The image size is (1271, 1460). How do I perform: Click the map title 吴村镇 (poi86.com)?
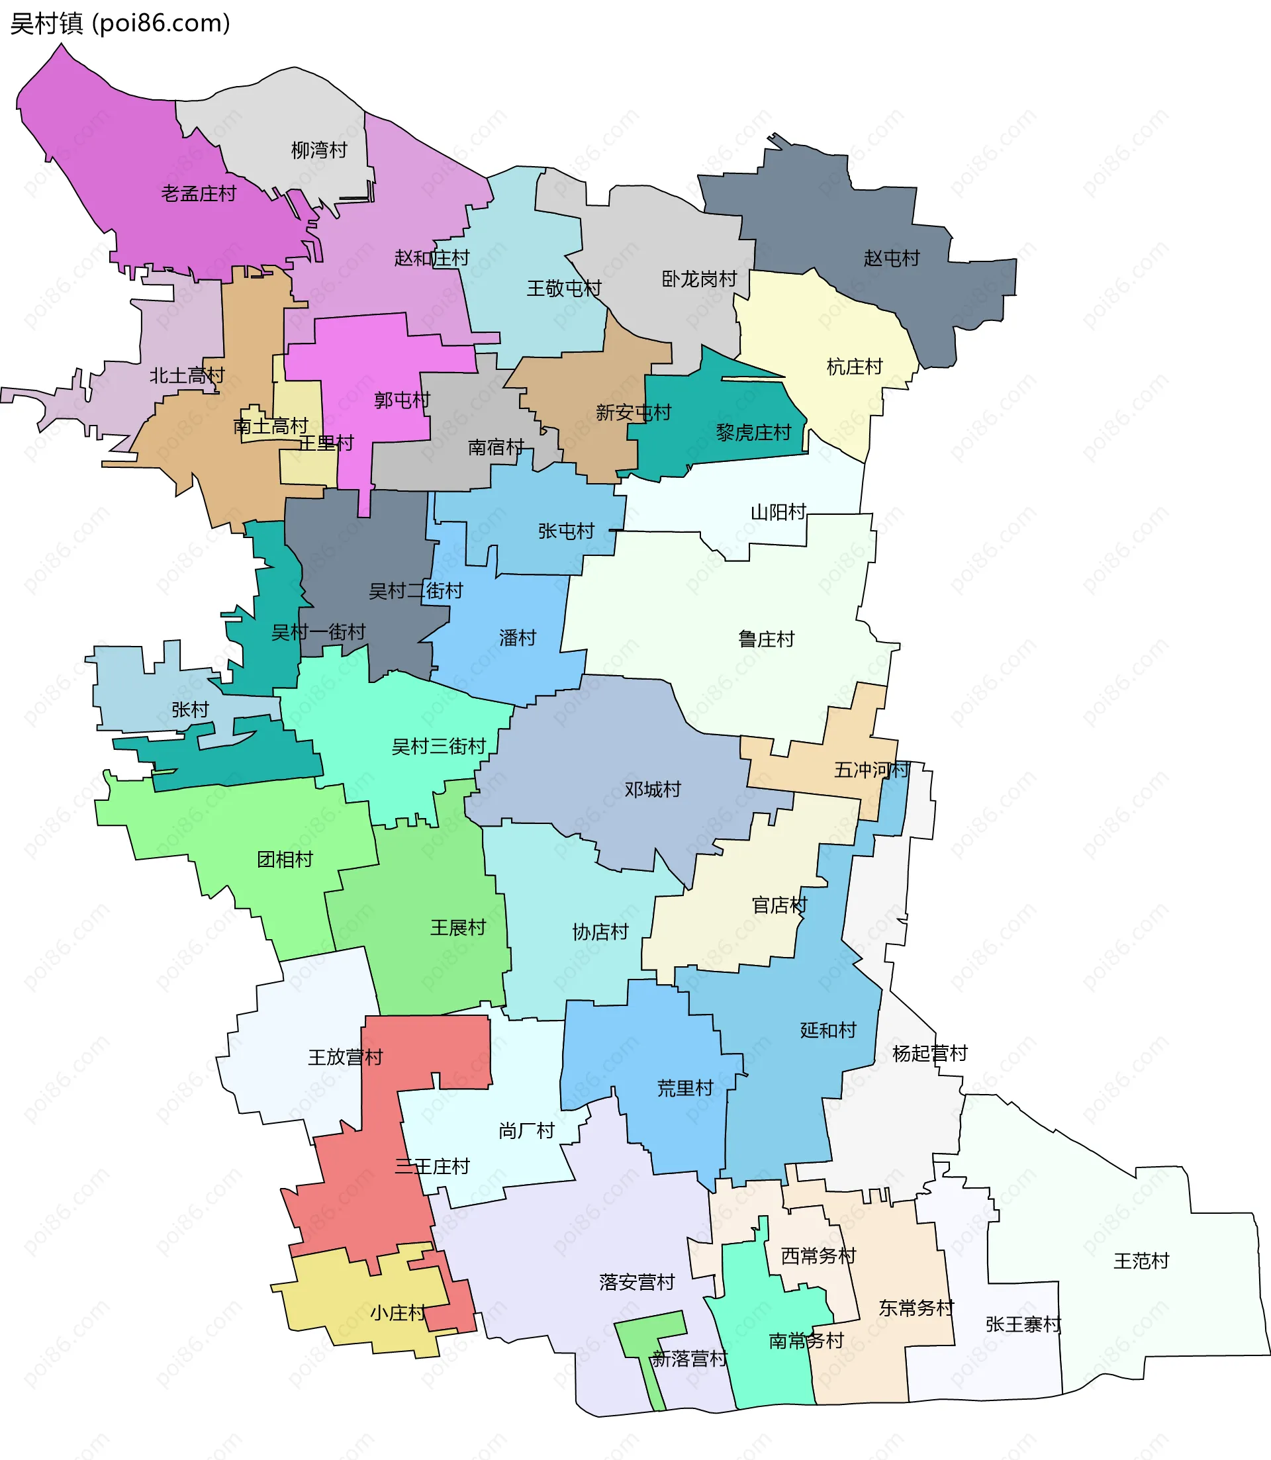tap(120, 23)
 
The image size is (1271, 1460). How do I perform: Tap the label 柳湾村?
tap(319, 150)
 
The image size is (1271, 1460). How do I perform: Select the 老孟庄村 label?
tap(199, 193)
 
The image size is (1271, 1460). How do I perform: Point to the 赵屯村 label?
tap(892, 258)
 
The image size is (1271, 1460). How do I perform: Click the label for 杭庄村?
tap(855, 367)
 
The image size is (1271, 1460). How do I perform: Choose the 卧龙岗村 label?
tap(699, 279)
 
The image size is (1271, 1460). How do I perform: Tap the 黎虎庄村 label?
tap(753, 433)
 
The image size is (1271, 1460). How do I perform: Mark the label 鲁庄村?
tap(766, 639)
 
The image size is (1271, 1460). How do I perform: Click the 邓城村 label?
tap(653, 789)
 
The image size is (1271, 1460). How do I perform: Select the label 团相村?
tap(285, 860)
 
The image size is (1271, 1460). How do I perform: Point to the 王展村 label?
tap(458, 927)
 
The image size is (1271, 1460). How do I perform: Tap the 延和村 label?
tap(827, 1030)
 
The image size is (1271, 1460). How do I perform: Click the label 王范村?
tap(1141, 1261)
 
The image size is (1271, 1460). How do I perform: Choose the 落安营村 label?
tap(636, 1282)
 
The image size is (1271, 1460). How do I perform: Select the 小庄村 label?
tap(398, 1312)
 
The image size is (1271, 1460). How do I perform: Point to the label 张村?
tap(190, 709)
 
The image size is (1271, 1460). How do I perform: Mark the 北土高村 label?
tap(187, 375)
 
